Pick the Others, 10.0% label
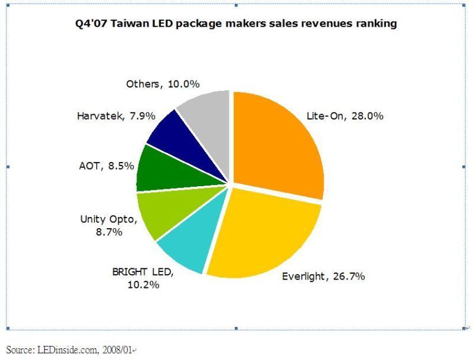click(160, 84)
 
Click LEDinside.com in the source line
click(67, 351)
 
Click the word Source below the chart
click(20, 351)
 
